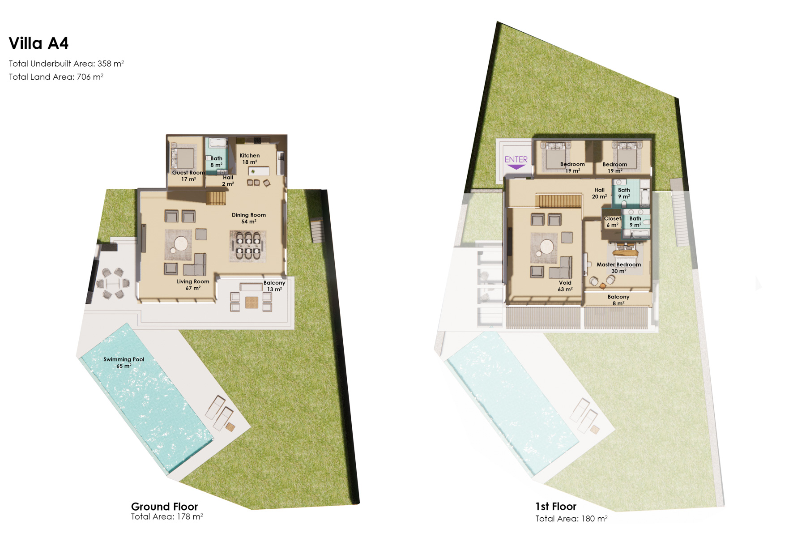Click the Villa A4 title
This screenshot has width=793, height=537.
point(38,43)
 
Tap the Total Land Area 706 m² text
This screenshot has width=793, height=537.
point(56,77)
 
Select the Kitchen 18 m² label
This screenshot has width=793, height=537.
point(250,159)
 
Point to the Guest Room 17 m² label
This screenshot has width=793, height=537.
point(188,176)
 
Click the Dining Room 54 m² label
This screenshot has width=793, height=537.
point(249,218)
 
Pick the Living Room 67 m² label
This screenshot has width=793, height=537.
point(193,285)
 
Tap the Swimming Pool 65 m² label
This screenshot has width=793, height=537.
point(124,362)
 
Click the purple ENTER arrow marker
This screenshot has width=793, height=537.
point(516,167)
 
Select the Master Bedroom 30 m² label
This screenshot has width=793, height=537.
point(618,268)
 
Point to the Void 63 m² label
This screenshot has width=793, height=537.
point(565,286)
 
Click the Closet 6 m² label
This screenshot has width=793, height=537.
point(612,222)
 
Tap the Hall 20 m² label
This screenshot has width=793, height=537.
point(599,193)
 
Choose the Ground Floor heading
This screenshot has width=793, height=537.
point(164,507)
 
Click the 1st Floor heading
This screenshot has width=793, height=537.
point(556,507)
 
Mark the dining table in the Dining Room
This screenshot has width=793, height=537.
point(248,246)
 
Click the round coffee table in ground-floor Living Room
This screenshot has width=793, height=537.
point(181,244)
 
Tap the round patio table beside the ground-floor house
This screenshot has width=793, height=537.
point(114,283)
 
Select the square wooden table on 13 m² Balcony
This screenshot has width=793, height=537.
point(252,303)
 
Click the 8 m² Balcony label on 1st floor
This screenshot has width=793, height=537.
point(618,300)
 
